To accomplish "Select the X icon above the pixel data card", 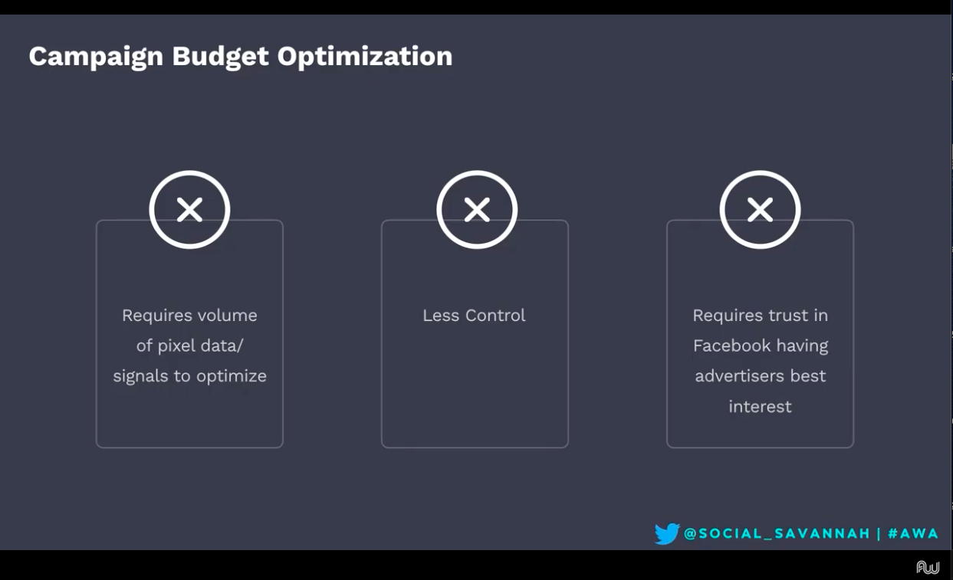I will (x=189, y=209).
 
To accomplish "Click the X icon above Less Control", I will (x=477, y=209).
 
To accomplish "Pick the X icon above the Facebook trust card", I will (x=760, y=209).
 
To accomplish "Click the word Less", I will (x=441, y=316).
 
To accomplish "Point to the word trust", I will (x=790, y=316).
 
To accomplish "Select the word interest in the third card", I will (x=760, y=407).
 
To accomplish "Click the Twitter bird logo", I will (x=666, y=533).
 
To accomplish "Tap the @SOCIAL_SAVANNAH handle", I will (x=777, y=534).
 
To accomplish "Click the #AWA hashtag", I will (x=913, y=534).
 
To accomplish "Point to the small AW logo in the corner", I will (x=928, y=567).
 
